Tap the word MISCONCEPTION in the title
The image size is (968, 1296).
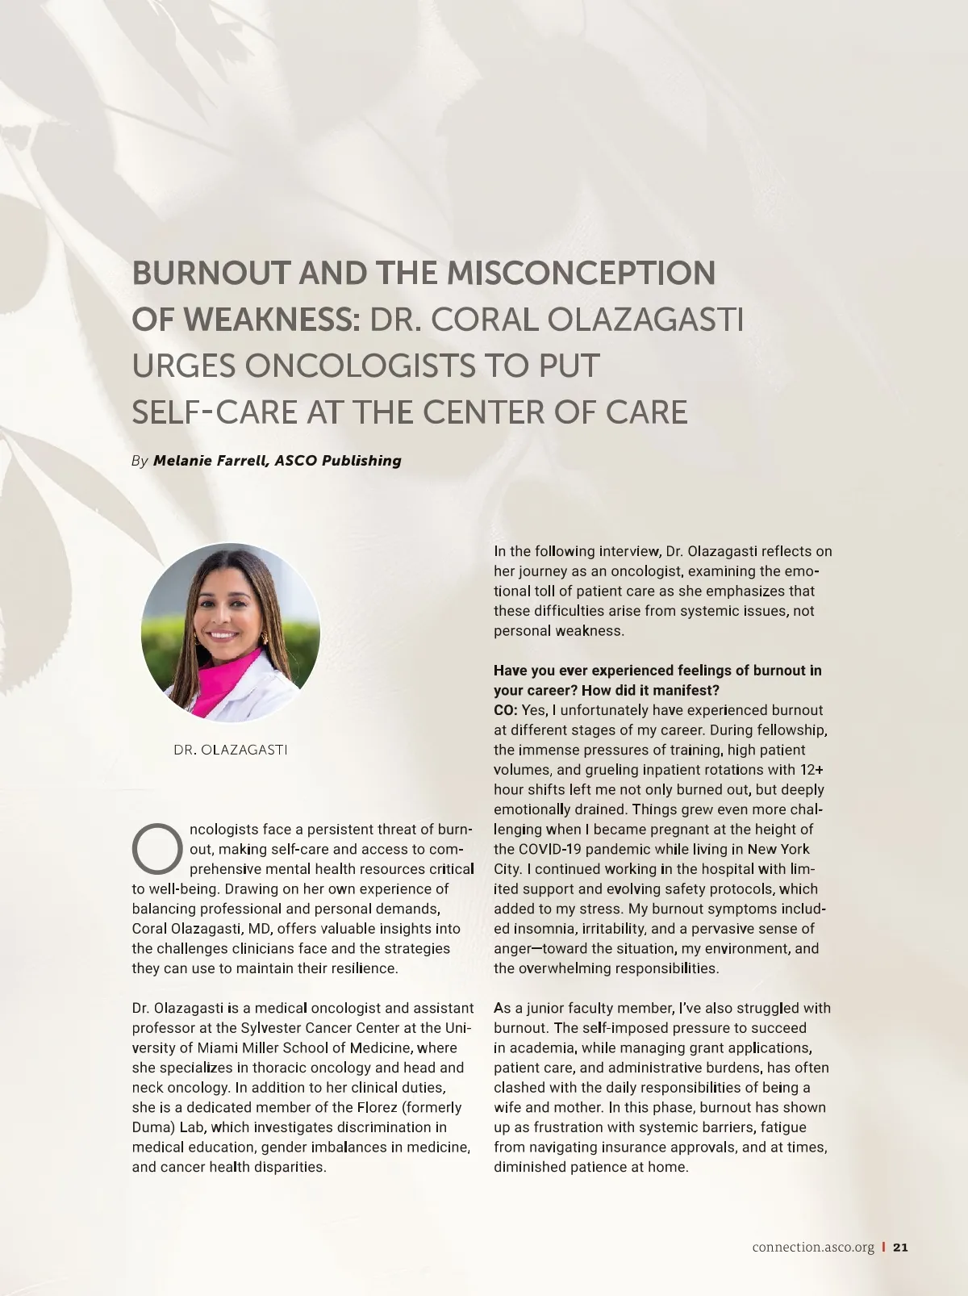pos(581,274)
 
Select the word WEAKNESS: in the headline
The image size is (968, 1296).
pos(271,320)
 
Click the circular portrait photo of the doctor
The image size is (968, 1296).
pos(231,632)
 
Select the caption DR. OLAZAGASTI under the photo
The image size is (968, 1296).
pos(231,750)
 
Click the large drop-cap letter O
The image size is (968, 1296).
pos(157,849)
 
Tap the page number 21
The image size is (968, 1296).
pos(901,1248)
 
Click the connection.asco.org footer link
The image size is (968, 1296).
pos(813,1248)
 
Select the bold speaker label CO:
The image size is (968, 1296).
pos(506,710)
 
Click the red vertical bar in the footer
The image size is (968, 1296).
pos(884,1248)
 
